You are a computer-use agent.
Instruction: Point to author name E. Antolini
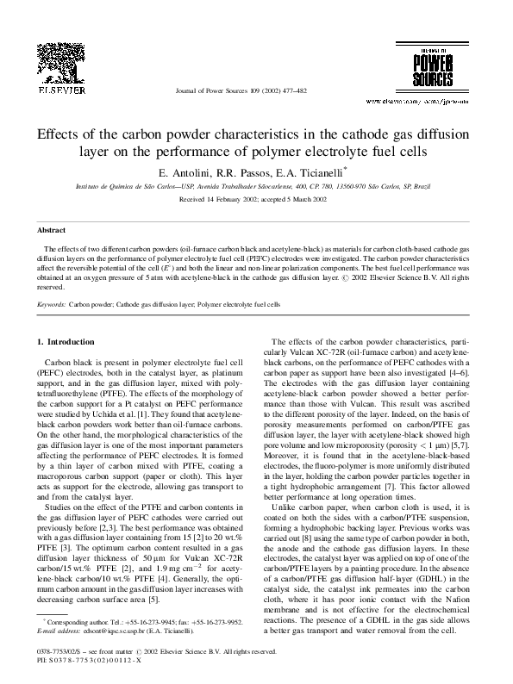click(x=187, y=174)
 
